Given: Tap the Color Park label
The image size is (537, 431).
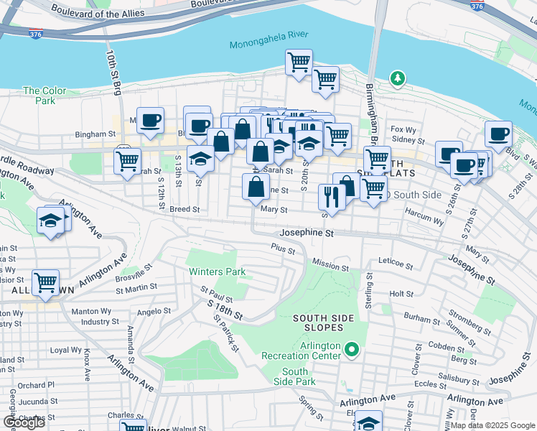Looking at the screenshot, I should pyautogui.click(x=39, y=96).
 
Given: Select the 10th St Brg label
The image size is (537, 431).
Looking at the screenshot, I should pyautogui.click(x=114, y=73).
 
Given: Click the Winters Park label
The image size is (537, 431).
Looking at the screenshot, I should pyautogui.click(x=217, y=272).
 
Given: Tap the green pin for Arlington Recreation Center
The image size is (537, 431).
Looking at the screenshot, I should pyautogui.click(x=351, y=350).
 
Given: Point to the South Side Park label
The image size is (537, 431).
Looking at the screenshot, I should pyautogui.click(x=295, y=376).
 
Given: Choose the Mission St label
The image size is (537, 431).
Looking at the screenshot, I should pyautogui.click(x=330, y=267).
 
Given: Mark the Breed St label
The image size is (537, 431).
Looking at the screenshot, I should pyautogui.click(x=184, y=209).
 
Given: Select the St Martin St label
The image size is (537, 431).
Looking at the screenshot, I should pyautogui.click(x=136, y=289).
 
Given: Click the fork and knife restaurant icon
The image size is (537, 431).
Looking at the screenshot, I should pyautogui.click(x=331, y=197).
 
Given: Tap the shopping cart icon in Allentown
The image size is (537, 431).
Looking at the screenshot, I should pyautogui.click(x=45, y=282).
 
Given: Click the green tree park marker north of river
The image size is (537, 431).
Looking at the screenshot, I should pyautogui.click(x=396, y=78).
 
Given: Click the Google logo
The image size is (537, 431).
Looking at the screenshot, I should pyautogui.click(x=24, y=422).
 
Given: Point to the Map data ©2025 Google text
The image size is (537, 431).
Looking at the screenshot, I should pyautogui.click(x=492, y=425).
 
